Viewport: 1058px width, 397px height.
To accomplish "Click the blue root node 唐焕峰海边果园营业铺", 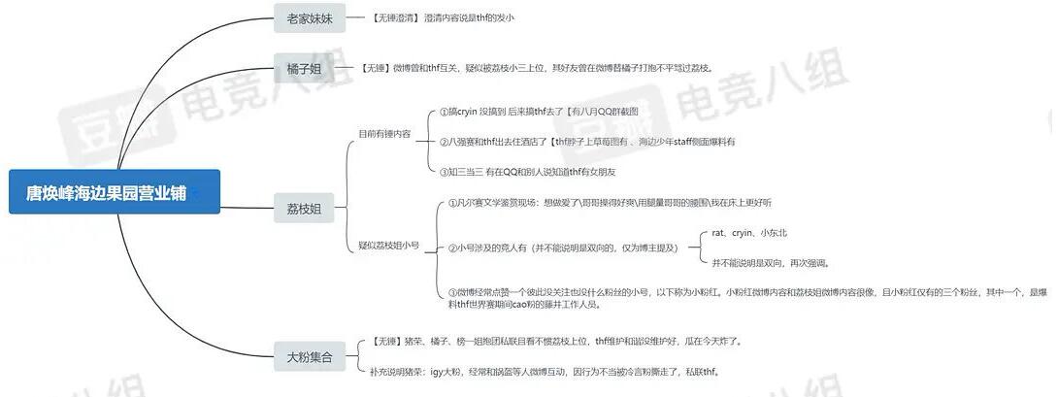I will tap(115, 192).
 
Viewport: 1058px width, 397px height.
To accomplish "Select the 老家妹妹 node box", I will tap(310, 17).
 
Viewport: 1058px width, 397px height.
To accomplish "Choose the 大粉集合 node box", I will tap(310, 357).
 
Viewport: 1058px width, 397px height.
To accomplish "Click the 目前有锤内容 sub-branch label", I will tap(385, 132).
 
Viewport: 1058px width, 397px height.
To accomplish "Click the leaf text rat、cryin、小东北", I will tap(748, 233).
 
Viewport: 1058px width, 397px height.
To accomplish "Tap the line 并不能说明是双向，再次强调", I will tap(771, 262).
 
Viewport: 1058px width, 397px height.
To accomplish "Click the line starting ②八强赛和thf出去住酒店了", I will tap(587, 142).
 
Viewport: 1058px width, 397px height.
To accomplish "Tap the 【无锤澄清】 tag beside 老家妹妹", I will tap(395, 17).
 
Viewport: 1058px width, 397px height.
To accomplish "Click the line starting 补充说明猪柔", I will tap(545, 372).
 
